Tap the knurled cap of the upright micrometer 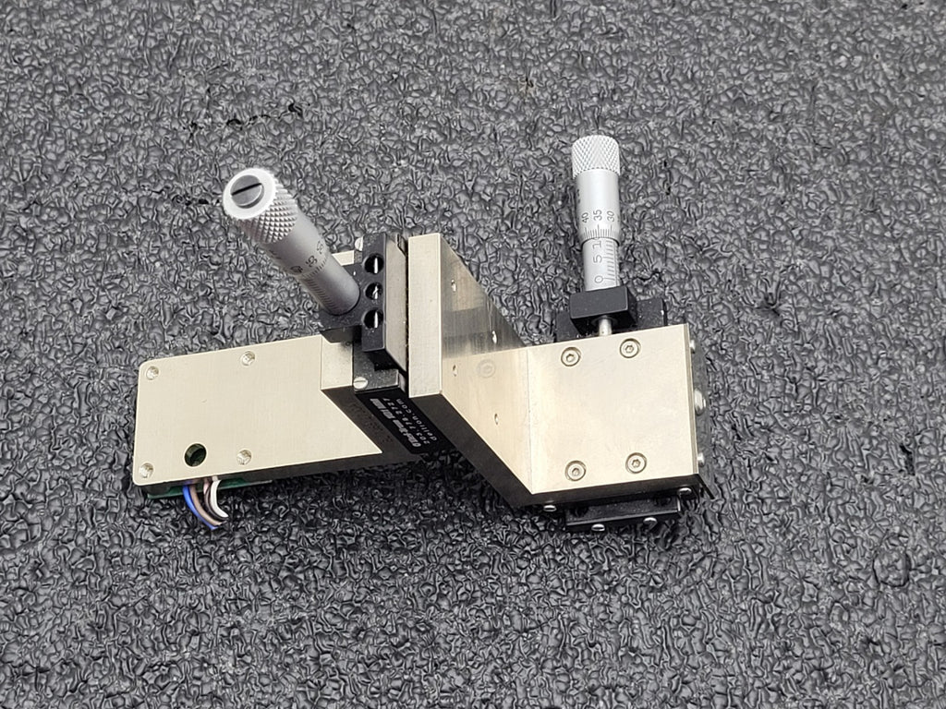click(x=596, y=156)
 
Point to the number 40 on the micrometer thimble click(x=588, y=218)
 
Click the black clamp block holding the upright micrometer click(x=600, y=304)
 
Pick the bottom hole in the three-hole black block click(x=373, y=319)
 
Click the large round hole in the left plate click(x=195, y=453)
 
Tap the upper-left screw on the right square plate click(x=571, y=356)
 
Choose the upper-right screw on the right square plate click(x=629, y=348)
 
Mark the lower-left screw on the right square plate click(x=575, y=471)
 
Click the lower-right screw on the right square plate click(x=636, y=462)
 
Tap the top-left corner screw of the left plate click(x=152, y=372)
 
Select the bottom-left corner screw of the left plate click(x=146, y=470)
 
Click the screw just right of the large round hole click(x=243, y=456)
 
